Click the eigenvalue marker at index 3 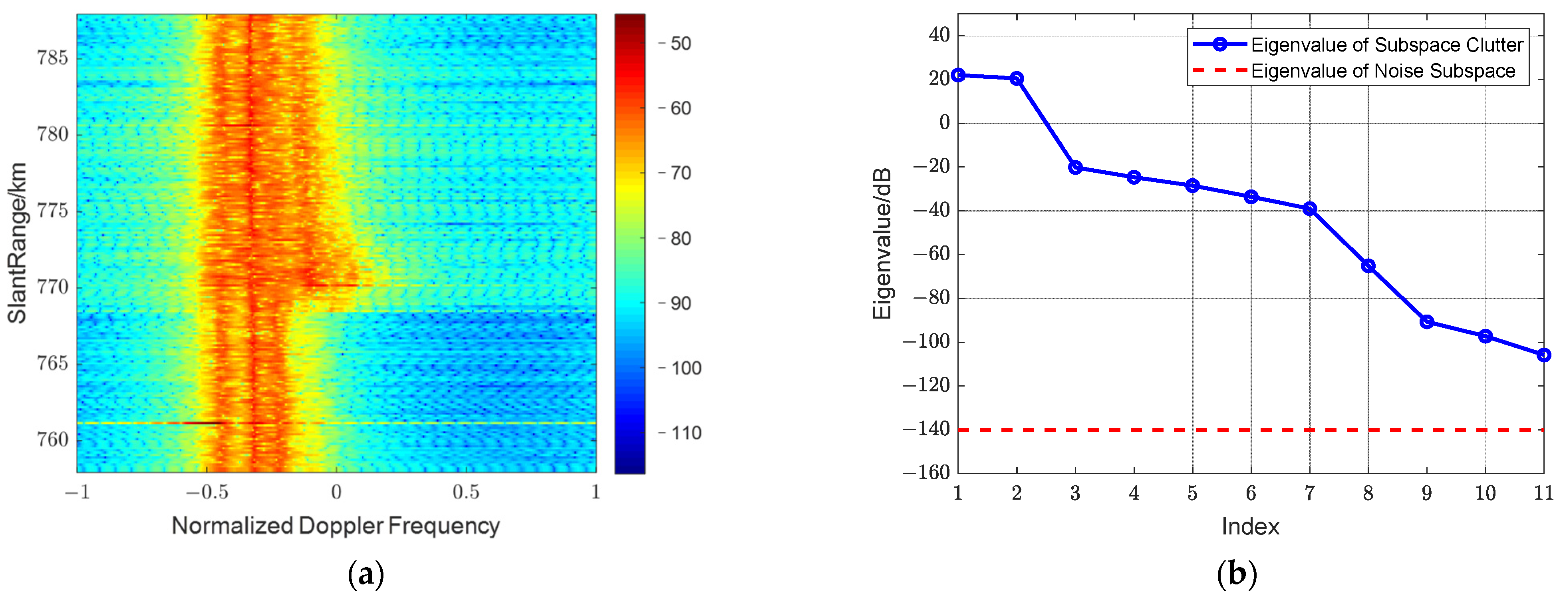[x=1075, y=167]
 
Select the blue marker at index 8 [x=1368, y=266]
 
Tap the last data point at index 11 [x=1544, y=355]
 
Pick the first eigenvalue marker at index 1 [x=958, y=75]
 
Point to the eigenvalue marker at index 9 [x=1427, y=322]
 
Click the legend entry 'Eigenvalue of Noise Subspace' [x=1383, y=71]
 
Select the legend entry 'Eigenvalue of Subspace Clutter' [x=1386, y=45]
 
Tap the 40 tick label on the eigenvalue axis [x=939, y=36]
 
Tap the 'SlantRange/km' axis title [x=18, y=243]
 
